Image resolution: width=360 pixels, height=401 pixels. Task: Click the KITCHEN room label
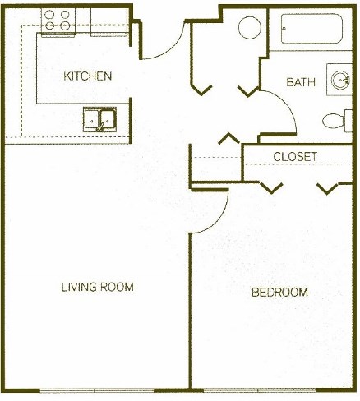click(88, 76)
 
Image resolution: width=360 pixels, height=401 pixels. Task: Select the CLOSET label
click(295, 156)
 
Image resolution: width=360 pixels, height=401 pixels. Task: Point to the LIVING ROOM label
click(97, 287)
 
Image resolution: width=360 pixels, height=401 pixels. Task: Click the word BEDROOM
click(279, 293)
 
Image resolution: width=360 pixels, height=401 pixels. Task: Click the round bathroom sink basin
click(340, 81)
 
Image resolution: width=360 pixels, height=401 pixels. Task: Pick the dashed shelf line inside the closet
click(296, 164)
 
